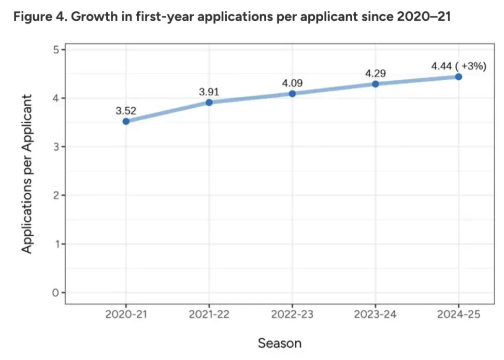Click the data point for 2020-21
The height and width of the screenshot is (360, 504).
pos(126,121)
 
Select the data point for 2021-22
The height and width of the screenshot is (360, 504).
pos(209,102)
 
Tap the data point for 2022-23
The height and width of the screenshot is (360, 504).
pos(292,94)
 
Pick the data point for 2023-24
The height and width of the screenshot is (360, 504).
pos(376,84)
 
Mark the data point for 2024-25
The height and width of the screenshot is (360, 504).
pos(459,77)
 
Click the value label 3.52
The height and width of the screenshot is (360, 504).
pos(126,111)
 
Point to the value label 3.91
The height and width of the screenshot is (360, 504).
pos(209,92)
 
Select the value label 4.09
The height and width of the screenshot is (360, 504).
pos(292,83)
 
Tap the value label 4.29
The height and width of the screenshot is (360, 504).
pos(376,74)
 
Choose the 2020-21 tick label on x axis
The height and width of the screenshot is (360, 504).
pos(126,314)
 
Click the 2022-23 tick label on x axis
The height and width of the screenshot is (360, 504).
pos(292,314)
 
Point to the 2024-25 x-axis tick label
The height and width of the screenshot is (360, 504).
pos(459,314)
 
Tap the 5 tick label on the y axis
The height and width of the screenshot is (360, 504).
pos(56,50)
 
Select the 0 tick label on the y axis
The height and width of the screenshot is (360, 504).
pos(56,293)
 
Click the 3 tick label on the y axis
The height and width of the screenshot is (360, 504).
pos(56,147)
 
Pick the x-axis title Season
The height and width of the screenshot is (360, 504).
pos(280,343)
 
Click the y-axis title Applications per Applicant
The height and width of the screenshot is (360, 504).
pos(27,174)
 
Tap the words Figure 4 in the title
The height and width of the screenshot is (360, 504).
pos(39,17)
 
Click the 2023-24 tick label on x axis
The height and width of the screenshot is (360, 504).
pos(376,314)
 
